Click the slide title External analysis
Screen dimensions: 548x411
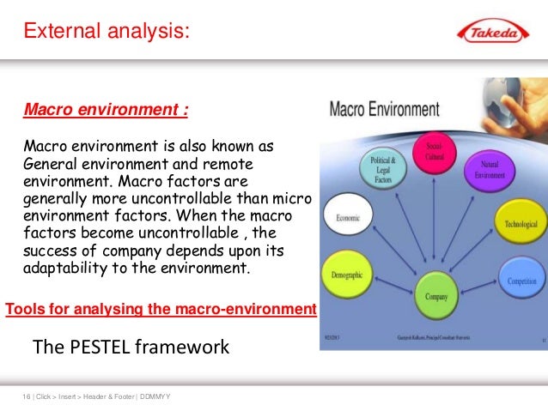[x=106, y=33]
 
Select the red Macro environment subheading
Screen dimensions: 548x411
[x=106, y=111]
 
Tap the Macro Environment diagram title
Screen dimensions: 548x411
[x=384, y=110]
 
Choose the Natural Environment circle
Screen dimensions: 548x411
[x=489, y=168]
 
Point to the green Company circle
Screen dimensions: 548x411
[x=436, y=296]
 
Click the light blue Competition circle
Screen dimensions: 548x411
[x=521, y=281]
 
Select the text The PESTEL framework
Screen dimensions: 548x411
[x=131, y=348]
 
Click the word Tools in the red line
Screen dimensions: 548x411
[x=27, y=308]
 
